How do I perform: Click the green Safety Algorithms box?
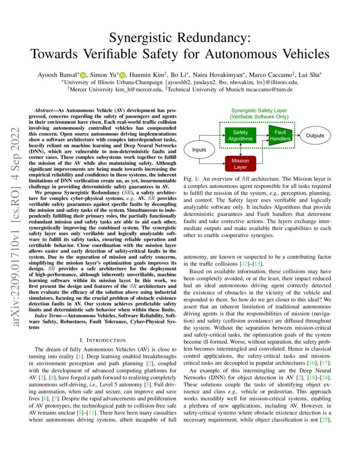click(x=241, y=136)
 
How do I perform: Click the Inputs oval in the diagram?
click(x=199, y=150)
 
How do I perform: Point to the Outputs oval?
click(x=315, y=136)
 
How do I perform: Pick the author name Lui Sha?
click(x=311, y=75)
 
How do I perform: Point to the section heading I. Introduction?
click(x=102, y=340)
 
